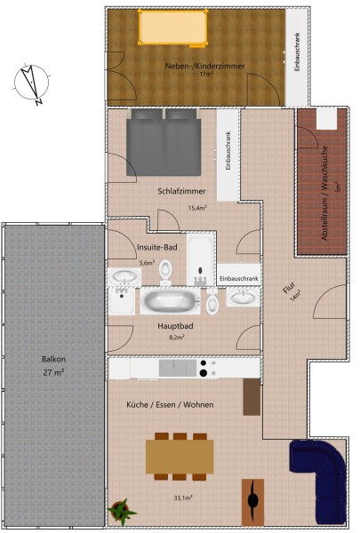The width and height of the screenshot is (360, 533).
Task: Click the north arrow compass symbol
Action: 31,84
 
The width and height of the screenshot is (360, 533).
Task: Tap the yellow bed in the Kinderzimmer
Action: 173,27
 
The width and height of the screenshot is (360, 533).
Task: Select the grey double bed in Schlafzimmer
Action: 164,142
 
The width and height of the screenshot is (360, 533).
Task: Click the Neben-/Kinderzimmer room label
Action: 204,66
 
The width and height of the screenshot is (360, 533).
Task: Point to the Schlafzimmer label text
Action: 181,191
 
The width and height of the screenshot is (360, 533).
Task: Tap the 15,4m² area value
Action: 197,208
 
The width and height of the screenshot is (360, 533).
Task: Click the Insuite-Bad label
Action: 157,247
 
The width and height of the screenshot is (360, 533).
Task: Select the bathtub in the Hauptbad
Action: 170,301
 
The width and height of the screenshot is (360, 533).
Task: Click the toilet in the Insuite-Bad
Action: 165,272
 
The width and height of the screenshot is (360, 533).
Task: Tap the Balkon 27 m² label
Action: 53,366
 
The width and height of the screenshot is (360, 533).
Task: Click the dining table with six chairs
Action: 180,457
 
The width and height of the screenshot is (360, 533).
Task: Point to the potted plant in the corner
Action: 122,510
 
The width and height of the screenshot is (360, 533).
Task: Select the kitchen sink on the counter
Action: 178,368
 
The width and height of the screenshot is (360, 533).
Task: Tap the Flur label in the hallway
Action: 289,288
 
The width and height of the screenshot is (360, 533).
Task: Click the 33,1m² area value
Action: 183,498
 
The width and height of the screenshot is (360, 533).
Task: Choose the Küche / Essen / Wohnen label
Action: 170,404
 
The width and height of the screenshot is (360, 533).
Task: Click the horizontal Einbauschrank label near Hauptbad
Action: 239,279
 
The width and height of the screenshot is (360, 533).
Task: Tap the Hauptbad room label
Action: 175,326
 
